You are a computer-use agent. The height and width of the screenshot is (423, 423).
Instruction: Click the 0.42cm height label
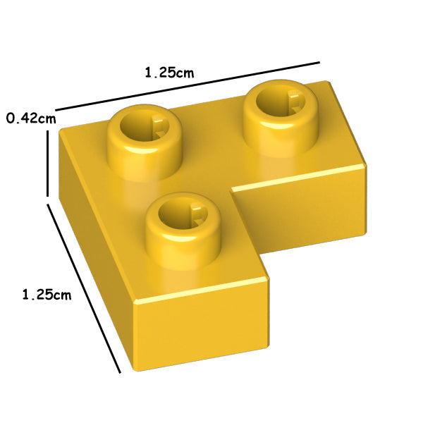[31, 118]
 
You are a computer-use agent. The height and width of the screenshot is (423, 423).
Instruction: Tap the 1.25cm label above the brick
[169, 73]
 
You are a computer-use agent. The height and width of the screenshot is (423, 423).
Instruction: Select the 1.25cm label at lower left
[47, 294]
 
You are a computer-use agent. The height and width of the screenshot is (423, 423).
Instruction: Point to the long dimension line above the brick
[188, 86]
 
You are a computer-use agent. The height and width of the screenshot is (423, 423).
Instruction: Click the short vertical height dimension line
[48, 164]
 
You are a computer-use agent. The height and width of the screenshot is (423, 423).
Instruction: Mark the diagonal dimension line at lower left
[84, 288]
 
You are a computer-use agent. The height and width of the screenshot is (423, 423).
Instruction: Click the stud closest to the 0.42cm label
[145, 142]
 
